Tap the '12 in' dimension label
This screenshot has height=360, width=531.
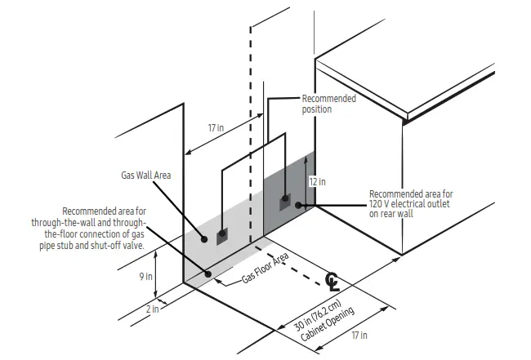pos(318,181)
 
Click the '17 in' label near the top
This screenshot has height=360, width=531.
pos(216,128)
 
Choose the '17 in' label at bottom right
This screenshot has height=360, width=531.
pos(358,336)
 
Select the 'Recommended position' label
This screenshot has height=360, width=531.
pos(328,104)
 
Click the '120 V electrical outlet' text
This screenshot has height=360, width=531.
pos(411,204)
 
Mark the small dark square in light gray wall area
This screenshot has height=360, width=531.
pos(221,238)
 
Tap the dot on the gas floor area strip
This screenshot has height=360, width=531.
pos(208,274)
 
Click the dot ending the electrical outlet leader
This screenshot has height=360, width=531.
pos(300,205)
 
